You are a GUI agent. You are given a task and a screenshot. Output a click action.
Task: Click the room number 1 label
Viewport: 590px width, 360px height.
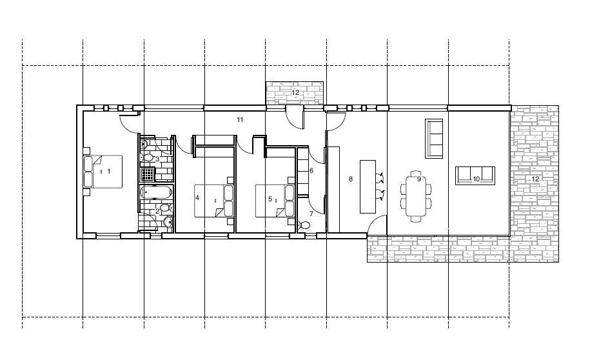(x=109, y=172)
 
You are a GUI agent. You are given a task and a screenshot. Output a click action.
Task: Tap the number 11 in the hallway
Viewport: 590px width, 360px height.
(x=240, y=120)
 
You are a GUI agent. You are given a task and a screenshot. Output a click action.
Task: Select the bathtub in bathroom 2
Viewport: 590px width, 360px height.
(x=156, y=192)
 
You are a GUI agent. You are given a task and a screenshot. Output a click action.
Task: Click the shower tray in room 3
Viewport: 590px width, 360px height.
(x=148, y=175)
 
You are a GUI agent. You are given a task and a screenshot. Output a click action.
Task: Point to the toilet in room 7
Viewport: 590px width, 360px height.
(x=304, y=226)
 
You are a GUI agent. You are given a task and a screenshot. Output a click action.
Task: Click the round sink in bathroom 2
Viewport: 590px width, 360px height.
(x=168, y=221)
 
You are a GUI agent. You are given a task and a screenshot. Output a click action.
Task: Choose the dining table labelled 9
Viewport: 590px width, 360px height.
(x=416, y=196)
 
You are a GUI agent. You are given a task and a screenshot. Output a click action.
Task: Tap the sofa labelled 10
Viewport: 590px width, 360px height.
(x=475, y=175)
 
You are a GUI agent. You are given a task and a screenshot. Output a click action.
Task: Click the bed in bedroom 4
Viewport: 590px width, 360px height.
(x=213, y=201)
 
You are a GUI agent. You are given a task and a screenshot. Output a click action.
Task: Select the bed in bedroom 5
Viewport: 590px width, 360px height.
(x=275, y=201)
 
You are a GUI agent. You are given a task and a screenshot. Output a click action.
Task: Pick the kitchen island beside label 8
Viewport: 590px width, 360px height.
(x=368, y=187)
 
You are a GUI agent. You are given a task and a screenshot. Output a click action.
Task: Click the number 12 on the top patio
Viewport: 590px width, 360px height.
(x=295, y=92)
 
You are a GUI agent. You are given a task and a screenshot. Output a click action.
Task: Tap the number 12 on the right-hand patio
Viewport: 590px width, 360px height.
(x=535, y=179)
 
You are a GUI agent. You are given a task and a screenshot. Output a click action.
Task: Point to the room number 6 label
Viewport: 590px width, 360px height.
(x=311, y=170)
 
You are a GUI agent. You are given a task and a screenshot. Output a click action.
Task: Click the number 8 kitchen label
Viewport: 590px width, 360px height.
(x=351, y=179)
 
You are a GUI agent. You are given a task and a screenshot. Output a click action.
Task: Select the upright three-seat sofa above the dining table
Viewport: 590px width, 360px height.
(x=434, y=139)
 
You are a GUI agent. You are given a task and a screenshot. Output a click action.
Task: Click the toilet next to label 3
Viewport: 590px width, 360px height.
(x=147, y=158)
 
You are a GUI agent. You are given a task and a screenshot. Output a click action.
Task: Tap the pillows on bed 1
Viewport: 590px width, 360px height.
(x=88, y=172)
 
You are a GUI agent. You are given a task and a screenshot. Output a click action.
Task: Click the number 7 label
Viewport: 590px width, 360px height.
(x=311, y=214)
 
